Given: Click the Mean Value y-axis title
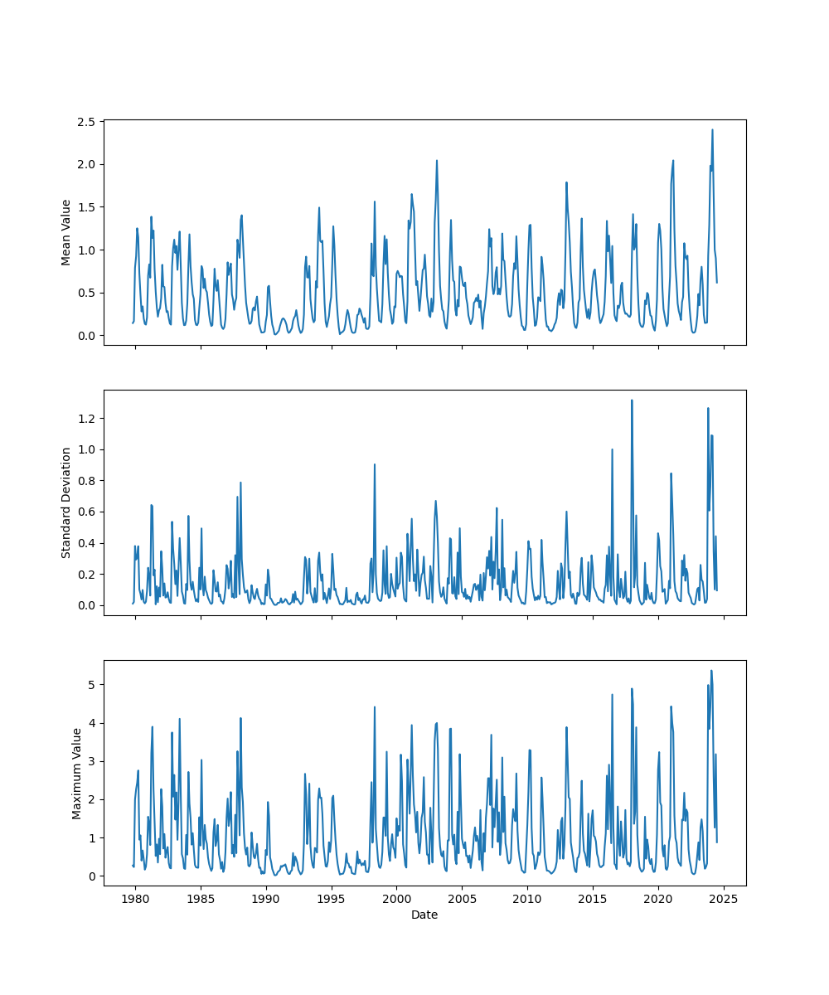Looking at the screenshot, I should click(66, 232).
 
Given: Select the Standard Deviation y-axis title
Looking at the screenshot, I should click(66, 502).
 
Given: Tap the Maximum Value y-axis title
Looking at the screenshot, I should click(76, 773).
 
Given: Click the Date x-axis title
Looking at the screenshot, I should click(424, 915).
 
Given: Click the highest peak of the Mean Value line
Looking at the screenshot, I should click(712, 129).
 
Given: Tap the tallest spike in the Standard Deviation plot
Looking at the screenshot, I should click(632, 400).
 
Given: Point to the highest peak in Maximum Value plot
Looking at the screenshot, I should click(711, 671).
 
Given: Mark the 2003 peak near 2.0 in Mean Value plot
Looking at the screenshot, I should click(437, 161).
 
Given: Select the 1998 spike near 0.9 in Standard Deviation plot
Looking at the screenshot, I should click(375, 464).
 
